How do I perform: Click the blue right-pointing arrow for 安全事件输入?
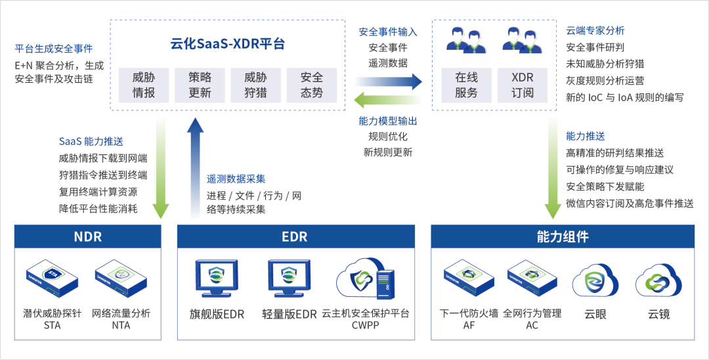click(x=388, y=81)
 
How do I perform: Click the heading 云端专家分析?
click(x=595, y=30)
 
